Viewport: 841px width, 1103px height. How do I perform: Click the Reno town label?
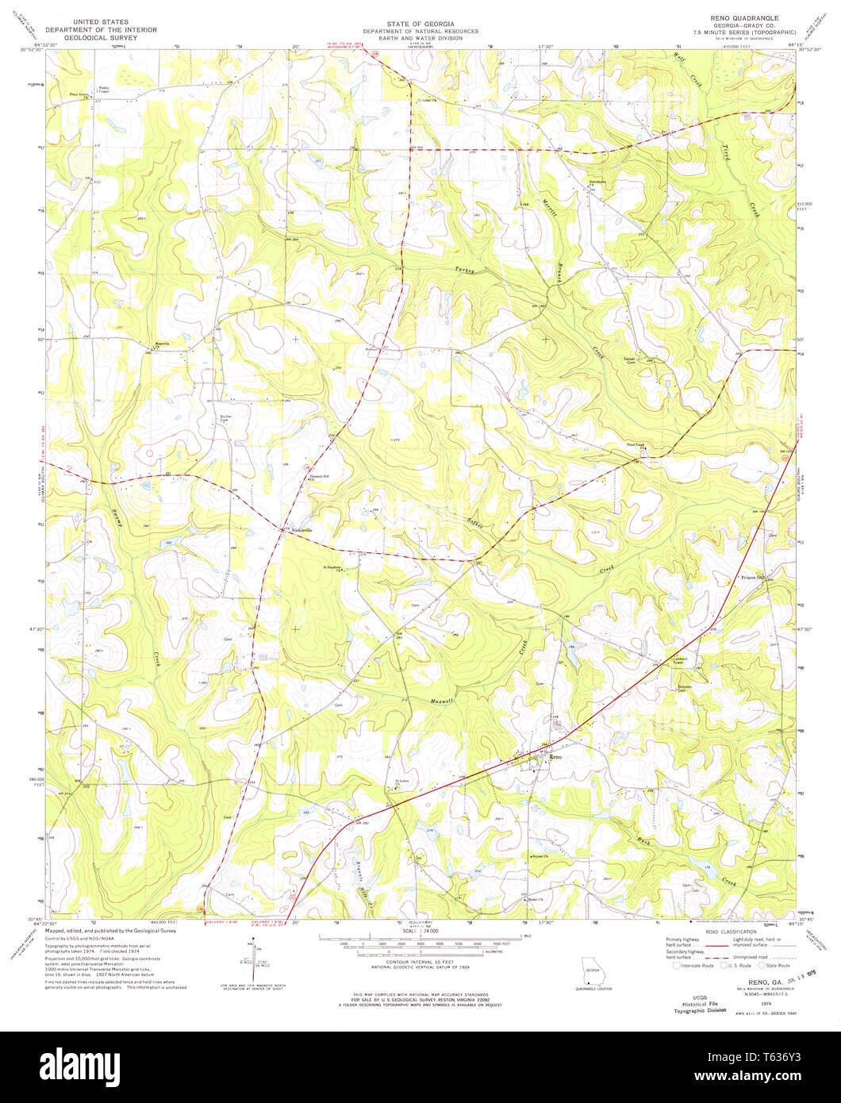coord(555,758)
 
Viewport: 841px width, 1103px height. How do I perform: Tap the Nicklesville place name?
coord(299,529)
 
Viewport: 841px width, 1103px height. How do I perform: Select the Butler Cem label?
coord(225,418)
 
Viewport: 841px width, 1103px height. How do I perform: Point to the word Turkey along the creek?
coord(465,271)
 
